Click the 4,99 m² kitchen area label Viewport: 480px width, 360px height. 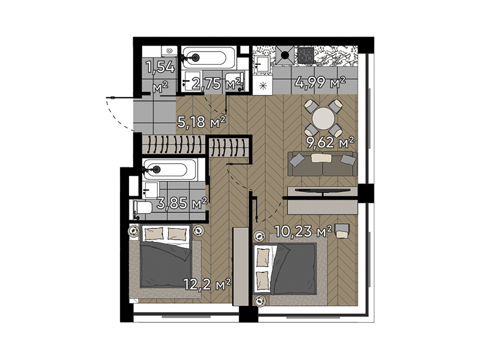[320, 82]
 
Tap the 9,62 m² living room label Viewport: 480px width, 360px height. [331, 142]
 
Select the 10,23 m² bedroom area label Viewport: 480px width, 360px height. [303, 232]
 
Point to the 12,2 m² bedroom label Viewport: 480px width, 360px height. [207, 284]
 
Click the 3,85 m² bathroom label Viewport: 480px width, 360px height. [182, 203]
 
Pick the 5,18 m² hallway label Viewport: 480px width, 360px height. [202, 122]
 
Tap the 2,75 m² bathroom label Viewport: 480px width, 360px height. [216, 83]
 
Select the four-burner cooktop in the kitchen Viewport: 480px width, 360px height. [306, 55]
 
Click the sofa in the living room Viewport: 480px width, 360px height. [322, 164]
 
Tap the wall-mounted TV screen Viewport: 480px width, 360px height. [323, 191]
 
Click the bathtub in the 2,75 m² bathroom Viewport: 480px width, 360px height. [209, 58]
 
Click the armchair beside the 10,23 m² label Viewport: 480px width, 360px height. [342, 230]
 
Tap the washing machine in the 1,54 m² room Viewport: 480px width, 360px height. [169, 51]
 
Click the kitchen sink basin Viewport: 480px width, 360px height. [262, 64]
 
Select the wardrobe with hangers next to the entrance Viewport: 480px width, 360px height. [173, 144]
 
